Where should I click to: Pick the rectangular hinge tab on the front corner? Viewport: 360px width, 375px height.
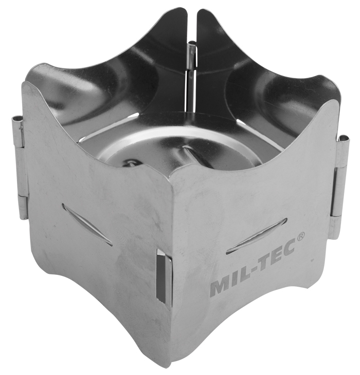(163, 278)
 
